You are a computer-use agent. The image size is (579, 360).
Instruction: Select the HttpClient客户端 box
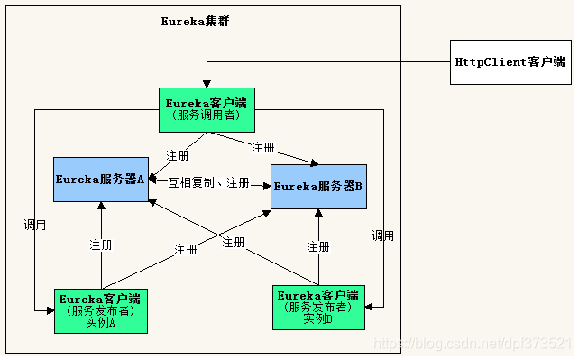[510, 62]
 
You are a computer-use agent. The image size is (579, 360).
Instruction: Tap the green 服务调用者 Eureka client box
[207, 109]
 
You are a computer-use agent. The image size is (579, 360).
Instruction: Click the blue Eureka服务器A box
[101, 179]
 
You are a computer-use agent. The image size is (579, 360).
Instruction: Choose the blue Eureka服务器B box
[318, 186]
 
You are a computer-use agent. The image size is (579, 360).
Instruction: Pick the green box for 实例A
[100, 310]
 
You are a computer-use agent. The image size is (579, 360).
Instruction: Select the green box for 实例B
[318, 307]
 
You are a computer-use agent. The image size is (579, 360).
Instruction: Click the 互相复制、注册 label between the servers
[208, 184]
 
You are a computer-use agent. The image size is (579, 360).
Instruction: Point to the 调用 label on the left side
[34, 225]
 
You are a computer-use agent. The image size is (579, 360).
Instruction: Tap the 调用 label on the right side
[382, 235]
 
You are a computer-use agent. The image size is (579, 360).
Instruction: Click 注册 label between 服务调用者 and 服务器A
[177, 154]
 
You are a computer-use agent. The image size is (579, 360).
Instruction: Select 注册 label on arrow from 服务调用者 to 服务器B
[264, 147]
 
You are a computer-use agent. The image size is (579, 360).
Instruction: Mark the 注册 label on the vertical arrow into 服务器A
[101, 245]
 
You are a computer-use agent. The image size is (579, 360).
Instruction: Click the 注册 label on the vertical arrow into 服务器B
[317, 246]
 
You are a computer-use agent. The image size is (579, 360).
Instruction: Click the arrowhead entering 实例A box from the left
[50, 310]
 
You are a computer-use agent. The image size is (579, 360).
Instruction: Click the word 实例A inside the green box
[100, 322]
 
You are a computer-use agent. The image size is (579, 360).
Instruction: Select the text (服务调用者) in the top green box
[207, 115]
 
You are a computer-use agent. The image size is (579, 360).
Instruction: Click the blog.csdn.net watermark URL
[473, 345]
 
